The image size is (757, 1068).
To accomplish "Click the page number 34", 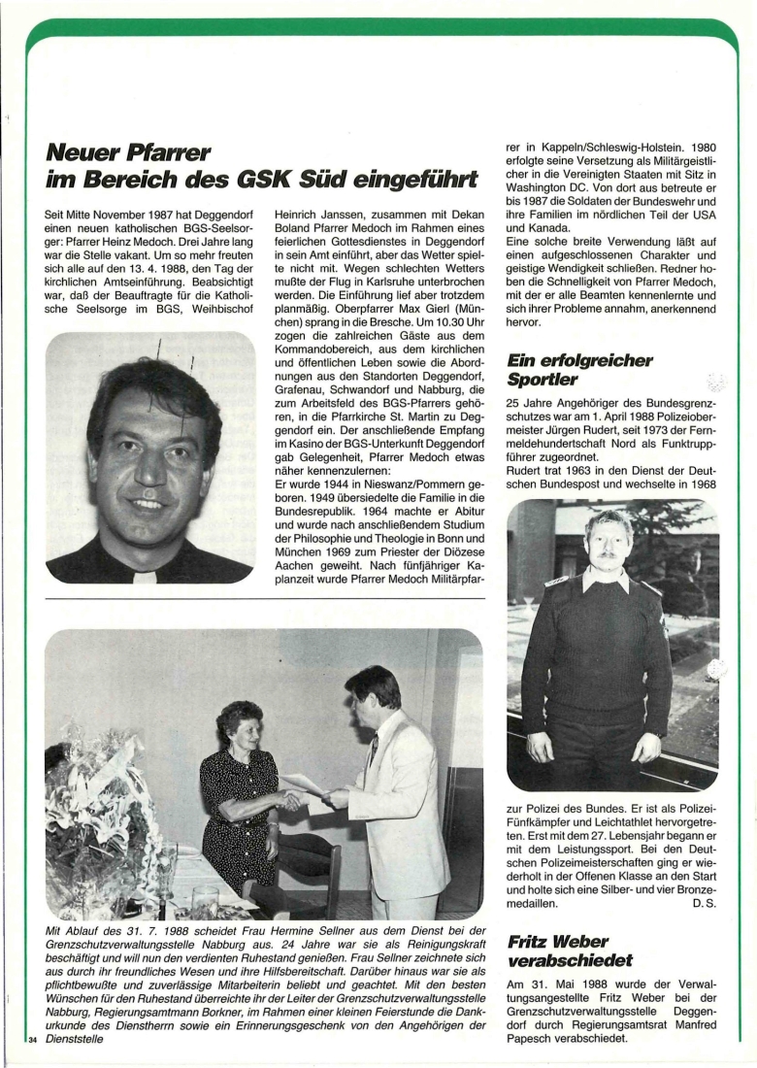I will (36, 1040).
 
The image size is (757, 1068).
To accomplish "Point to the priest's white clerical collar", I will (146, 575).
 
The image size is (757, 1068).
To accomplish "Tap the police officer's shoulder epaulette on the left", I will (558, 582).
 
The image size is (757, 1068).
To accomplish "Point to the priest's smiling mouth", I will (148, 504).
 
